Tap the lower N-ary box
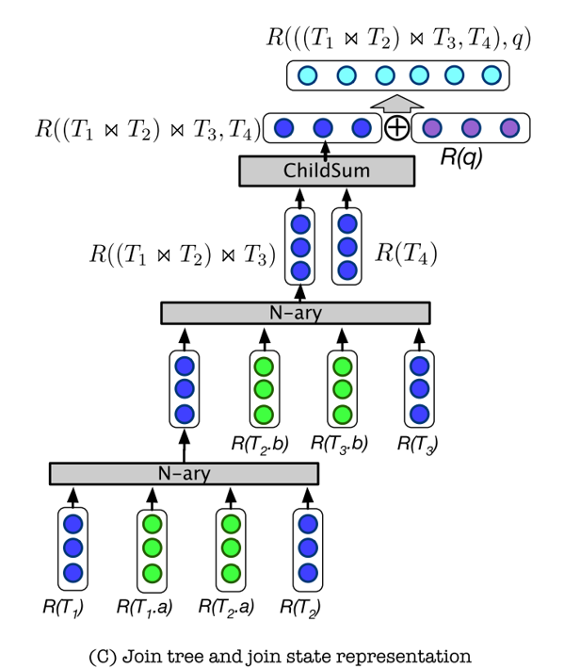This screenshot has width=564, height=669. (x=185, y=474)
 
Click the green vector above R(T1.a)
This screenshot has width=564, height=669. (x=152, y=547)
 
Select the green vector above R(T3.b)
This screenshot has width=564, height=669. (x=344, y=387)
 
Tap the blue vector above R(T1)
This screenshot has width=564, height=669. (x=73, y=547)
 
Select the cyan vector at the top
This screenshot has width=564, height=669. (x=396, y=75)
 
